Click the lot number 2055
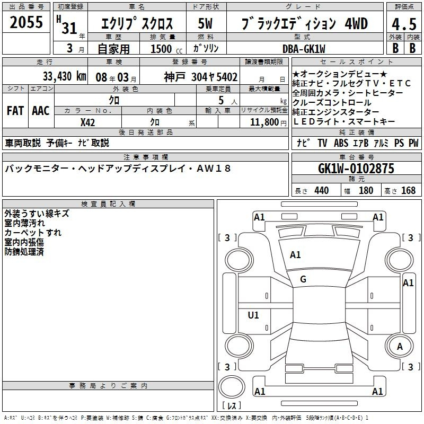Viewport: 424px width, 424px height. pos(26,22)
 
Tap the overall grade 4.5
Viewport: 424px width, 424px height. pos(404,24)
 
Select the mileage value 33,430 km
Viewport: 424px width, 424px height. pos(64,76)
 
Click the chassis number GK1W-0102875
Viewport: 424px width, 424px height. pos(356,169)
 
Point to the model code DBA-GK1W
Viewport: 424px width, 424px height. pos(304,49)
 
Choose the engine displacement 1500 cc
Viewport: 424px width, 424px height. pos(166,49)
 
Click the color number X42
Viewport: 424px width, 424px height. pos(87,122)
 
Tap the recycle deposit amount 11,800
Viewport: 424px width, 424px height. pos(264,122)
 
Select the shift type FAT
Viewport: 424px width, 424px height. pos(15,111)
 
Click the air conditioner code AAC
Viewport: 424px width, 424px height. pos(41,111)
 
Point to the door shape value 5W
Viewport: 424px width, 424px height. pos(205,23)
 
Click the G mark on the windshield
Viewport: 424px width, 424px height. pos(303,279)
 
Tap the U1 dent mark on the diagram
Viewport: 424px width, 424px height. pos(253,315)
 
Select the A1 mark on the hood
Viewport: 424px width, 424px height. pos(295,255)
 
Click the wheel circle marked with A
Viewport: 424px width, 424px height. pos(400,347)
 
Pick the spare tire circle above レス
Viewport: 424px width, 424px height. pos(232,387)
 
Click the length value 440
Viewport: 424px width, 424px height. pos(322,190)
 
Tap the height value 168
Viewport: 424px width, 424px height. pos(408,190)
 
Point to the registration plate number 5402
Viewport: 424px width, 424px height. pos(227,77)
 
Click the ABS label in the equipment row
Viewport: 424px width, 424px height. pos(341,143)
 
